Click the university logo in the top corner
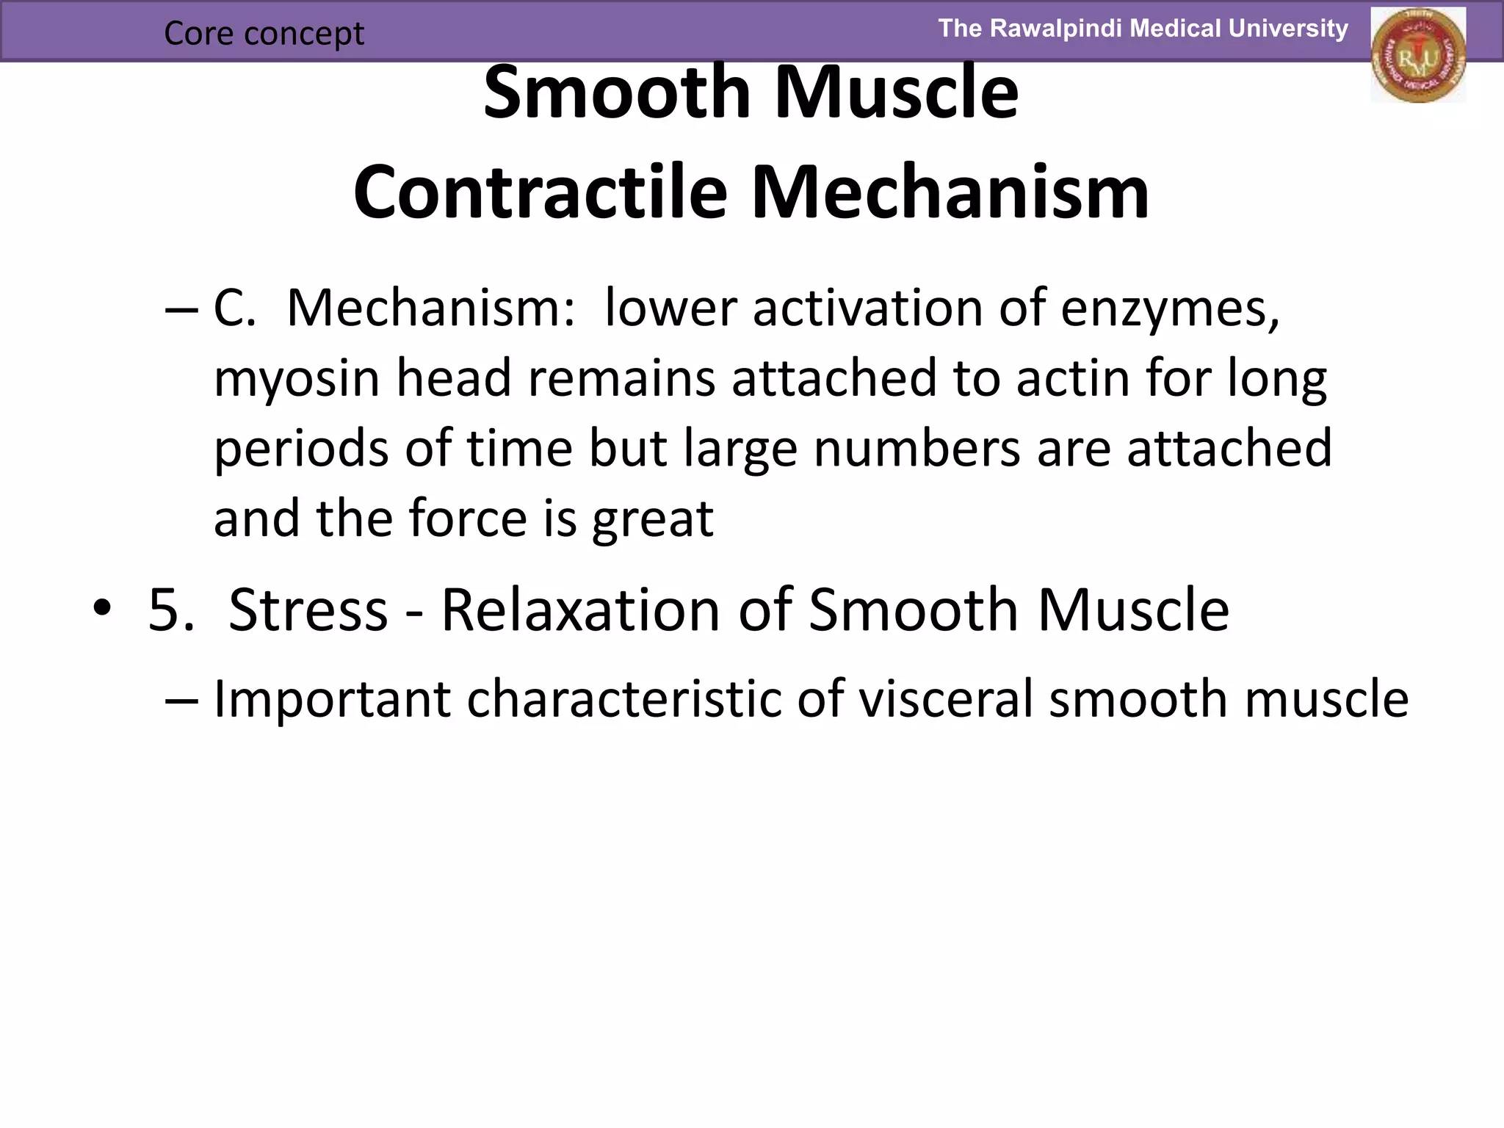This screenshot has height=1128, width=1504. [x=1417, y=55]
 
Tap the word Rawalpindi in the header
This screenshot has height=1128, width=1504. [x=1057, y=29]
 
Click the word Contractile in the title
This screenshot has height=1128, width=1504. [x=540, y=193]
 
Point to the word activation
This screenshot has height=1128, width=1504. [x=867, y=308]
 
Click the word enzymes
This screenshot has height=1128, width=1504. [x=1169, y=309]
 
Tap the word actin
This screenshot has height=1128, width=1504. [x=1077, y=378]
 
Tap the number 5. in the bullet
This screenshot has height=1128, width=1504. [x=170, y=610]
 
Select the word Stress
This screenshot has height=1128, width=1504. [x=308, y=610]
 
